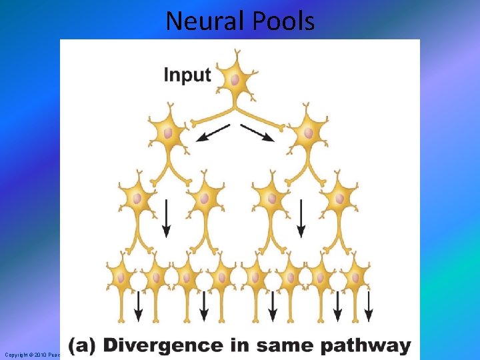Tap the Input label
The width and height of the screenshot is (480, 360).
point(187,74)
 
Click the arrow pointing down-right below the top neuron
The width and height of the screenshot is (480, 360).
point(257,133)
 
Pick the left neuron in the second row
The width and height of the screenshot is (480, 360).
point(167,133)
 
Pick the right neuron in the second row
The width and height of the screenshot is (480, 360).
point(308,133)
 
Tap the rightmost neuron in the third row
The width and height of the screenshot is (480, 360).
point(339,198)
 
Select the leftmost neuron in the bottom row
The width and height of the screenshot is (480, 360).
point(121,275)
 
